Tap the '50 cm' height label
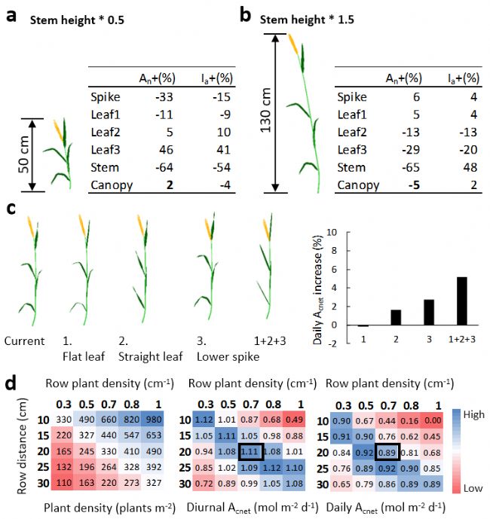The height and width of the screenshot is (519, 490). pyautogui.click(x=23, y=154)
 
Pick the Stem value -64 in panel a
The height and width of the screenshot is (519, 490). pyautogui.click(x=145, y=168)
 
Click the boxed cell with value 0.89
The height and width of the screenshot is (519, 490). pyautogui.click(x=387, y=450)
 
